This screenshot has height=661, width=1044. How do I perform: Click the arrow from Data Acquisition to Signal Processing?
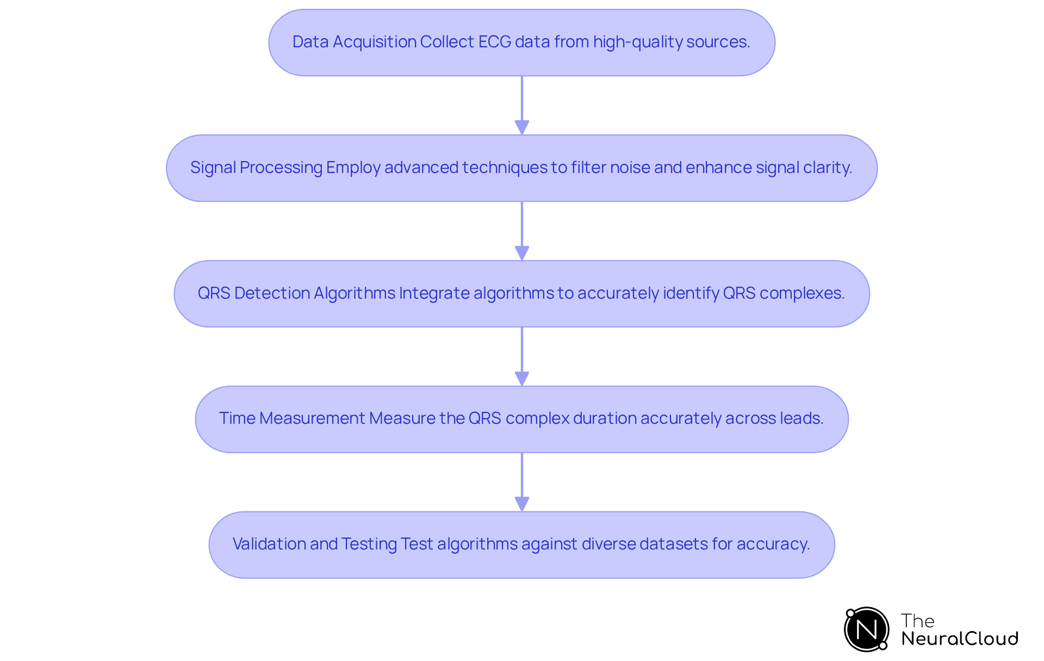pos(522,105)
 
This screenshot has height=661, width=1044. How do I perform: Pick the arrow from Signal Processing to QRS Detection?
pos(522,231)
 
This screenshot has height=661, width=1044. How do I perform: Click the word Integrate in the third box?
pos(434,293)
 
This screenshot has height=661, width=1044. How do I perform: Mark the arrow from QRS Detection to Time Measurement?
pos(522,356)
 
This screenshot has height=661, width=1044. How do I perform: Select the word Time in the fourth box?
pos(237,418)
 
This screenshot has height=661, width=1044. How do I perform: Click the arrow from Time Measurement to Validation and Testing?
pos(522,482)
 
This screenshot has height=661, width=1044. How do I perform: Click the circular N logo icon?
pos(866,629)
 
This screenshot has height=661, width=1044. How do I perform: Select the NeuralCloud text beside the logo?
pos(960,639)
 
